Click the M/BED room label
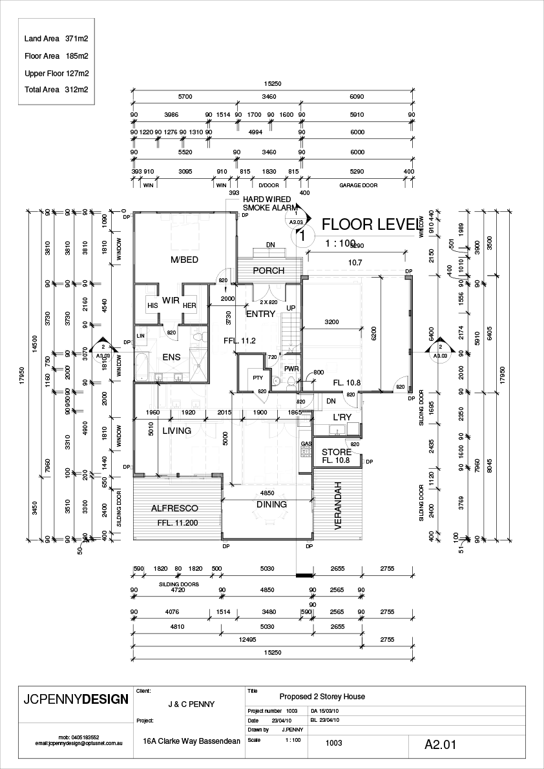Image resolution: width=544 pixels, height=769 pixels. (x=184, y=260)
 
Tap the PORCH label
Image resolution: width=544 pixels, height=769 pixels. (x=268, y=271)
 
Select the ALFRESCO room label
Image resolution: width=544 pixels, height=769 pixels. (x=174, y=509)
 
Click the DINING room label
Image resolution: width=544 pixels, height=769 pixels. (x=272, y=505)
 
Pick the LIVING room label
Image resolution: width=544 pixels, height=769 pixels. (x=176, y=431)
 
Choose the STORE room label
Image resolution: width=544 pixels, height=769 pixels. (x=336, y=452)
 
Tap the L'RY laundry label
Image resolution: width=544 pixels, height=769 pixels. (x=342, y=418)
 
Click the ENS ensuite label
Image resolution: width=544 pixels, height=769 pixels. (x=171, y=357)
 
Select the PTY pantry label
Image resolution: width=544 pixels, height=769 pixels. (x=257, y=378)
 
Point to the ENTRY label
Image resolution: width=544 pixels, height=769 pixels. (x=261, y=314)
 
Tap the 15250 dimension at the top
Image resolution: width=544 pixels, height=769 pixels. (x=273, y=84)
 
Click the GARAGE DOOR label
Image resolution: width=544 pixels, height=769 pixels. (x=358, y=185)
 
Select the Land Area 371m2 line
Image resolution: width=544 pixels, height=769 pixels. (x=56, y=39)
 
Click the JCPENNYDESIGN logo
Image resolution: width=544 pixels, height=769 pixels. (x=76, y=700)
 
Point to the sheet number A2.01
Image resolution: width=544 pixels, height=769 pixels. (x=440, y=744)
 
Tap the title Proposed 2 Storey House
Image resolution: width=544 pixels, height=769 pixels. (x=322, y=697)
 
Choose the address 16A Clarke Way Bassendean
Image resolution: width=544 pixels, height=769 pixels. (x=191, y=741)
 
